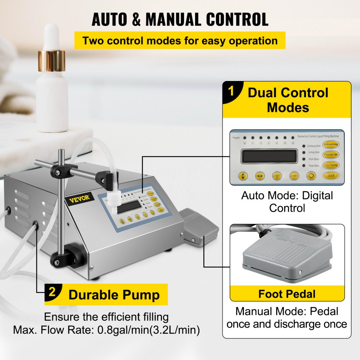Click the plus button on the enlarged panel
(277, 176)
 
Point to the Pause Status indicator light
(304, 166)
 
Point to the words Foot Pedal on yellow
(287, 294)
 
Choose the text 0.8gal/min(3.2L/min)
(147, 330)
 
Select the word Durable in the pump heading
(91, 295)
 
